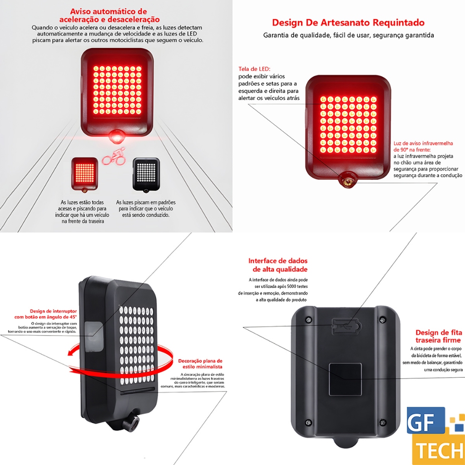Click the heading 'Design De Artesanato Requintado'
tap(348, 23)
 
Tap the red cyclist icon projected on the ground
tap(114, 157)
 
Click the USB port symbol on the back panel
tap(346, 327)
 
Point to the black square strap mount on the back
tap(345, 379)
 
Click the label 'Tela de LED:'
tap(254, 69)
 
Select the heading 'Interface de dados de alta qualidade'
tap(278, 265)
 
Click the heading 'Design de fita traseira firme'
tap(438, 336)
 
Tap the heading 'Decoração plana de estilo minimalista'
tap(200, 364)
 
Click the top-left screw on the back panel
tap(308, 319)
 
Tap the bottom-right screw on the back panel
tap(382, 422)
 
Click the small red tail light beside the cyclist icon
tap(84, 174)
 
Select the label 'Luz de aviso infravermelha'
tap(423, 143)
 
